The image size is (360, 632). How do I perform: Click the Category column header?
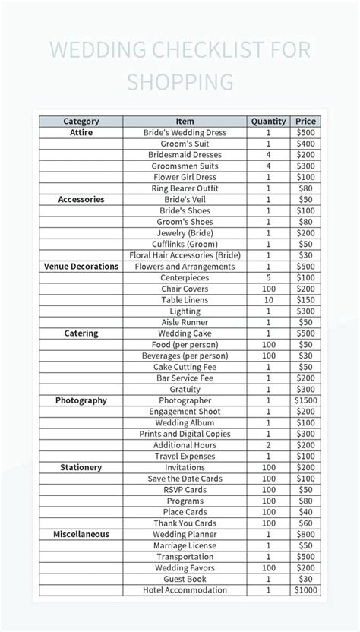[81, 121]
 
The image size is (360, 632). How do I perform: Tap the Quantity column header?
[268, 121]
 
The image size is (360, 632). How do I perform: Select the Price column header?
[305, 121]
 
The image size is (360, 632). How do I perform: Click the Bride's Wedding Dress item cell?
[185, 132]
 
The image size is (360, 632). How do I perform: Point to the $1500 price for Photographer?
[305, 400]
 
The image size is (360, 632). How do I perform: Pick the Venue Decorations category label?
[81, 267]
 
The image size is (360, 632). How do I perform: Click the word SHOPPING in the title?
[180, 81]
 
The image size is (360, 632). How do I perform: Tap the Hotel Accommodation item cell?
[185, 590]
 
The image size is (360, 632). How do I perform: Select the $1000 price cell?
[305, 590]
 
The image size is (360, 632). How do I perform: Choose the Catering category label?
[81, 333]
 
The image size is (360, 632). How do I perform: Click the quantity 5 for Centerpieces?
[268, 277]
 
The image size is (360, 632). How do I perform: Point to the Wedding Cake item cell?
[185, 333]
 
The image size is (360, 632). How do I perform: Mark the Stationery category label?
[81, 468]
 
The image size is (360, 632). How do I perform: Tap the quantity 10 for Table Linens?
[268, 300]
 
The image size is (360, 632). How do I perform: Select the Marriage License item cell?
[185, 545]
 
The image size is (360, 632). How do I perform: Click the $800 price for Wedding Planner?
[305, 535]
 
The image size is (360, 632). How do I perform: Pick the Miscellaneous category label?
[81, 535]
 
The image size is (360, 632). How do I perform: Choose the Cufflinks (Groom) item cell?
[185, 244]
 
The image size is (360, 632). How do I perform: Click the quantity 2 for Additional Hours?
[268, 445]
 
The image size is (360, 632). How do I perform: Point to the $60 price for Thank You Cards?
[305, 523]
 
